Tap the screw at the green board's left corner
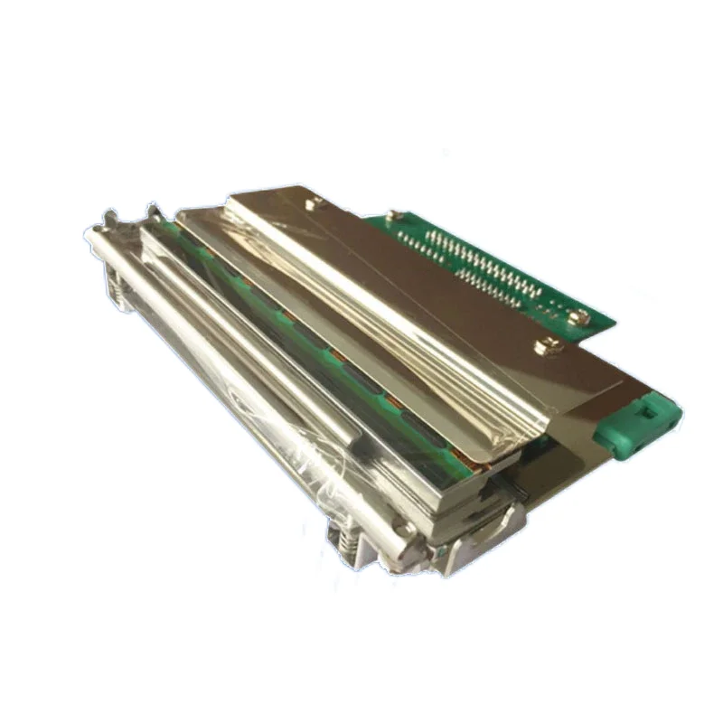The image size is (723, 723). tap(393, 215)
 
